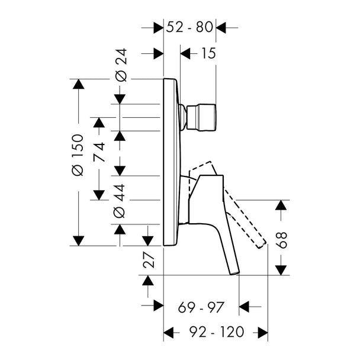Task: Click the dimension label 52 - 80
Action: (x=189, y=27)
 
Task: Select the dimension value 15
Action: (x=208, y=53)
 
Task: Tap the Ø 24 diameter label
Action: (x=121, y=65)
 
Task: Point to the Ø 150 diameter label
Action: (x=77, y=155)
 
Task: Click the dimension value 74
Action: (x=99, y=152)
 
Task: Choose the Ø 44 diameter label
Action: (x=120, y=201)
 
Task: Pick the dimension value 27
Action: (x=148, y=260)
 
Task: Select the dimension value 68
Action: (x=281, y=240)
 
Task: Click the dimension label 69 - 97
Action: (x=201, y=307)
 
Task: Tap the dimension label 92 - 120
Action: (x=216, y=332)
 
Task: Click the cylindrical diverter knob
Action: (x=201, y=118)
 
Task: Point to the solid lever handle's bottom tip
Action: (x=234, y=273)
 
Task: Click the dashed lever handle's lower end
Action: (x=262, y=246)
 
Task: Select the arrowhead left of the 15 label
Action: (x=185, y=54)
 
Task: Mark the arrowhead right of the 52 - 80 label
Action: (x=221, y=28)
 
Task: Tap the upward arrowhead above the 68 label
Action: (x=281, y=205)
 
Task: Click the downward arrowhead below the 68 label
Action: (x=281, y=270)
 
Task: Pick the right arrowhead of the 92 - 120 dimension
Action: (x=263, y=332)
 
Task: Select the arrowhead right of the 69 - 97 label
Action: (x=244, y=307)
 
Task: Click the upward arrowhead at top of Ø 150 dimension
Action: (x=79, y=84)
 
